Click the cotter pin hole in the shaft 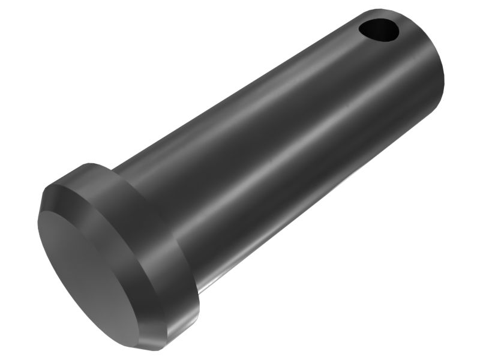[x=379, y=29]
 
